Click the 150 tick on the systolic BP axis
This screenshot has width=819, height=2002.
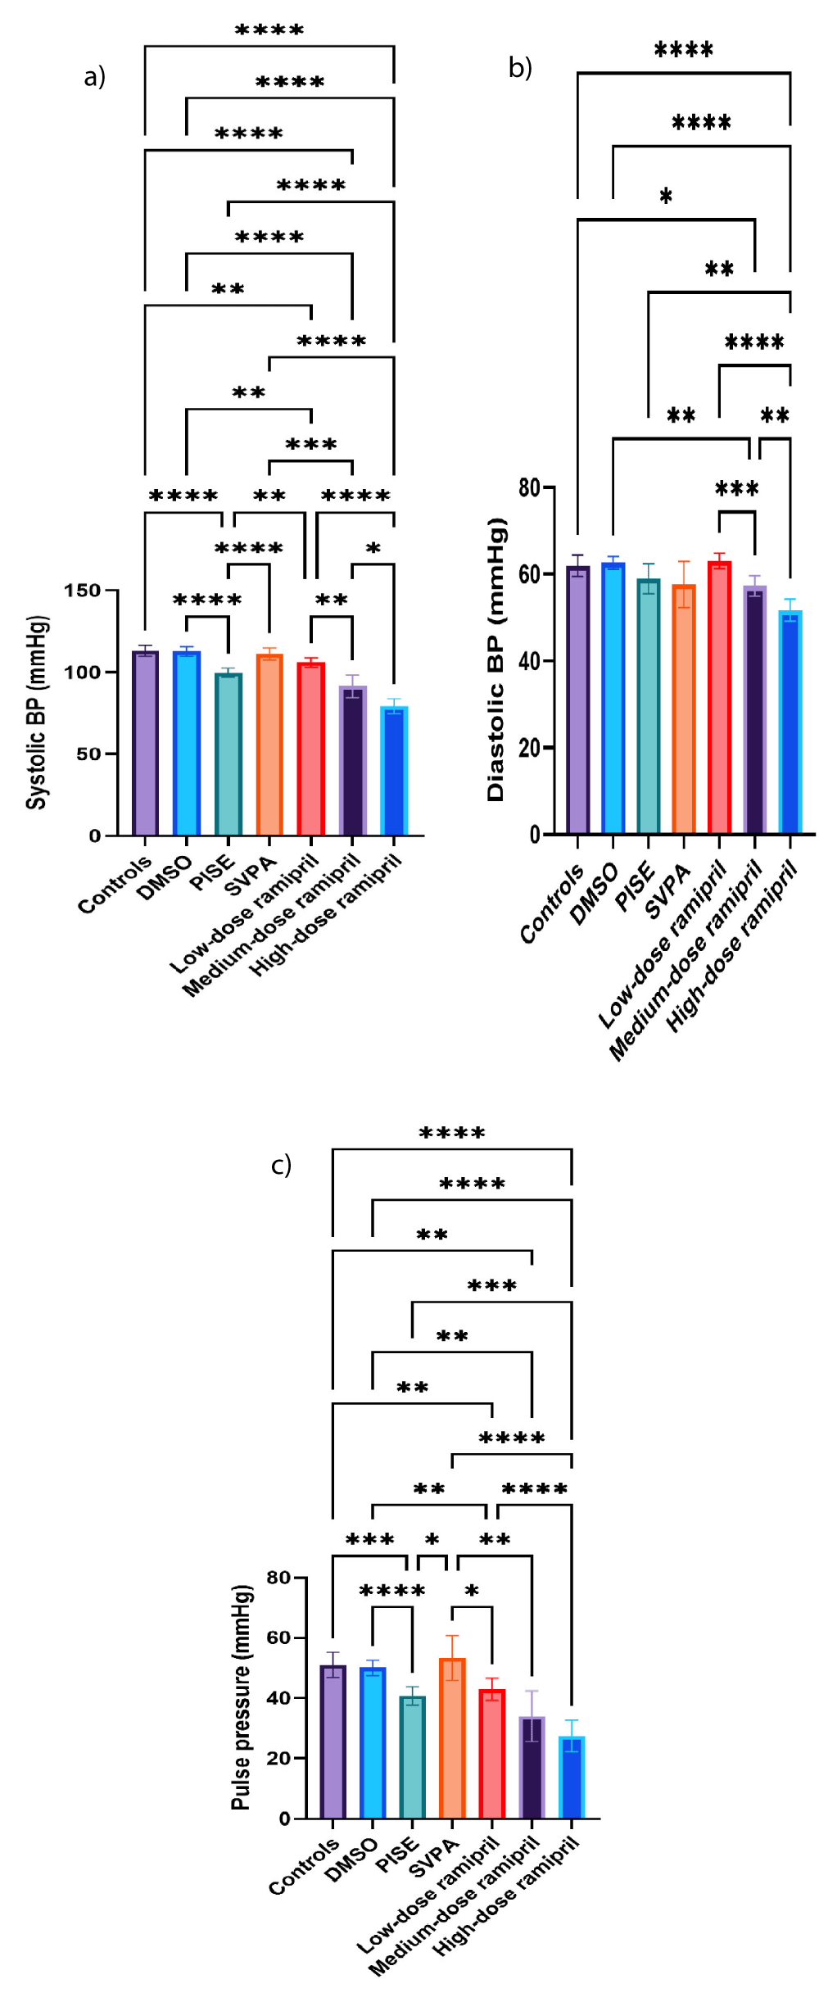82,591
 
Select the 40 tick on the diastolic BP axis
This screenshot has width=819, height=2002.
529,661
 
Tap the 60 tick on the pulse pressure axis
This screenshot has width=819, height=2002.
278,1637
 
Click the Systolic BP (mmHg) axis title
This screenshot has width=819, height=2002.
36,713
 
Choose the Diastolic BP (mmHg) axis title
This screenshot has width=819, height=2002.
496,659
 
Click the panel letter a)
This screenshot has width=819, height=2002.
95,77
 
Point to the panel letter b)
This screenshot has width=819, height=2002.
520,67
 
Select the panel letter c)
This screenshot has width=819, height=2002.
281,1165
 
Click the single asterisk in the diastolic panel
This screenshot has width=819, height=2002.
666,197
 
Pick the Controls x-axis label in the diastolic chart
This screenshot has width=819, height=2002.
553,903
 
